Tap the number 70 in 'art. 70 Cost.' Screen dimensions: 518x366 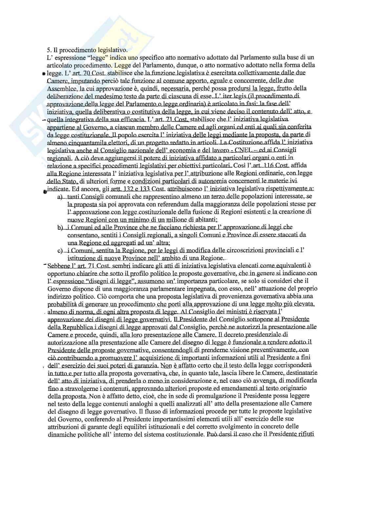pyautogui.click(x=87, y=73)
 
